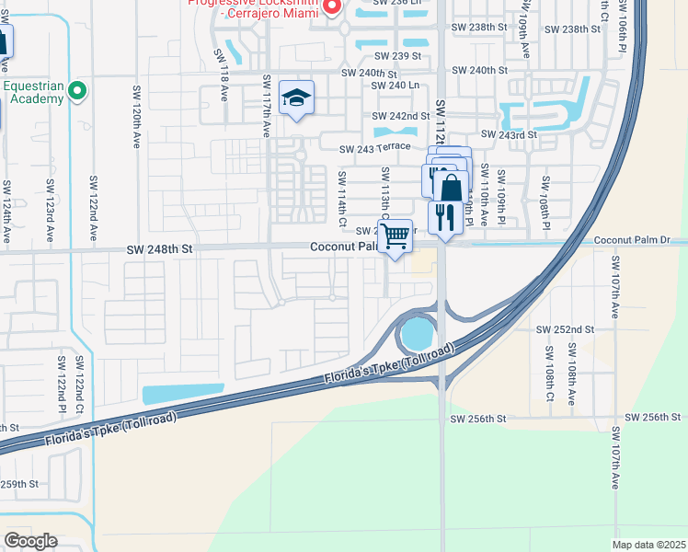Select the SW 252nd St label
point(566,328)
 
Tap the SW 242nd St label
point(401,116)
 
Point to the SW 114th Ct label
point(342,199)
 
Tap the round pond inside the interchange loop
point(419,333)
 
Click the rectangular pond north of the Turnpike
point(183,394)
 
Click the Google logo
point(31,541)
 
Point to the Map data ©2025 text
point(648,545)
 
